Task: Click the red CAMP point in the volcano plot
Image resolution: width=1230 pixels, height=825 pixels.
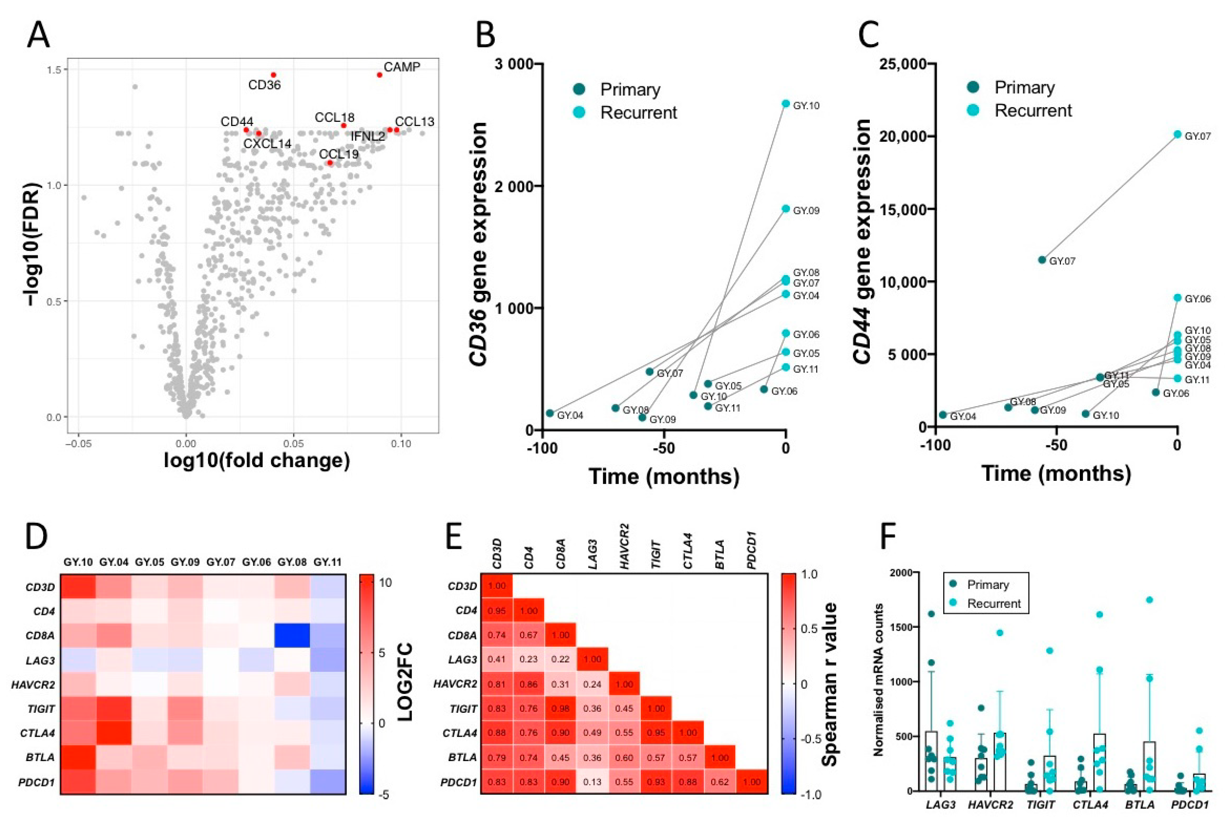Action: [x=379, y=75]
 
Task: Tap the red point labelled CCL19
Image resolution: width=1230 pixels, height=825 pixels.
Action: [x=330, y=163]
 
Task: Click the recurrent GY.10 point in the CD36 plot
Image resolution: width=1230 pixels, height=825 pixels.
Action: [x=786, y=104]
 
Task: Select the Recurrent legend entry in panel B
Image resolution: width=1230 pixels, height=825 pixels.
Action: [x=638, y=113]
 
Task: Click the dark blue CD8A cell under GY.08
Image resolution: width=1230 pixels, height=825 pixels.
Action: [x=292, y=635]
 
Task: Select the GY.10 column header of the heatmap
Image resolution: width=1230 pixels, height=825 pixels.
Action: [x=78, y=562]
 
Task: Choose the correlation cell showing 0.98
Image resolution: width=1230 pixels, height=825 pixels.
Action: [x=561, y=708]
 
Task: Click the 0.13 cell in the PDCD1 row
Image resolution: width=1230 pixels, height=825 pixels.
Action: [x=592, y=782]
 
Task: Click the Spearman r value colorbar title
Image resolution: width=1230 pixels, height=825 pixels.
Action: [x=830, y=684]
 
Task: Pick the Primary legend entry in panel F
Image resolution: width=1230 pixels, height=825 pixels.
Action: [x=987, y=584]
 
